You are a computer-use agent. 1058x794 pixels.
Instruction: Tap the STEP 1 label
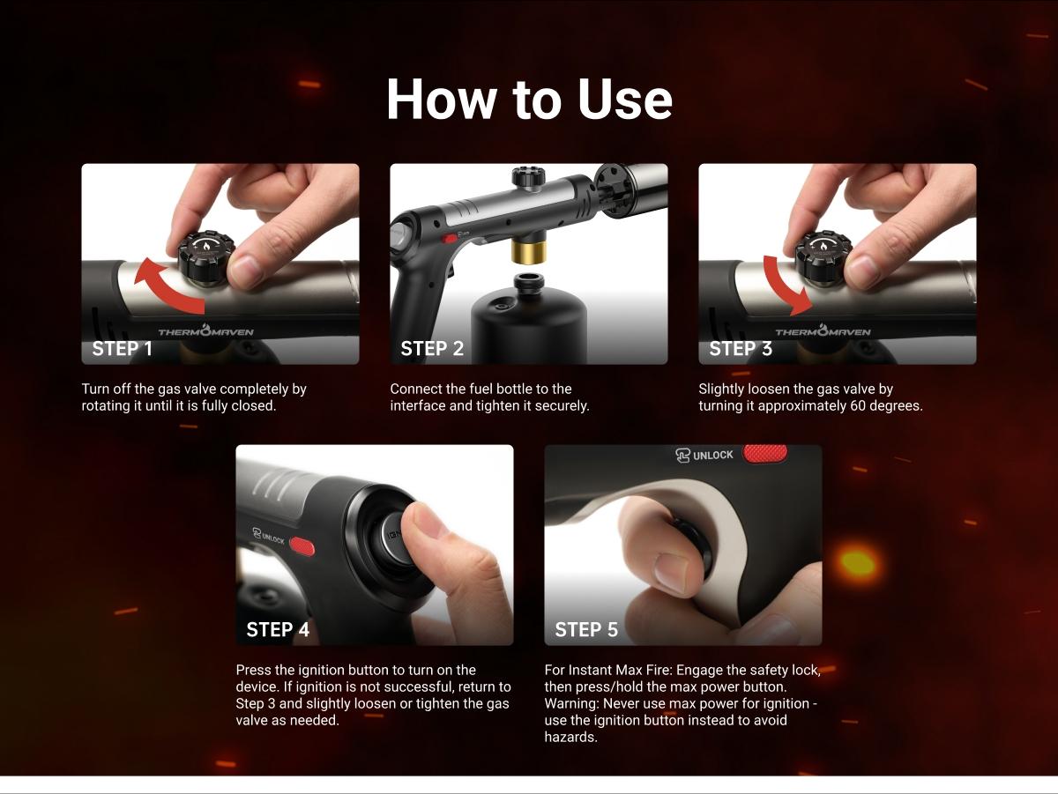[123, 348]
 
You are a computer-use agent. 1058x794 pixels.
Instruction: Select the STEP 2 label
[432, 348]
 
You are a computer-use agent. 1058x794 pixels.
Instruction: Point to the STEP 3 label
[741, 348]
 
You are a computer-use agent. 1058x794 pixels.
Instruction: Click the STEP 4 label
[278, 629]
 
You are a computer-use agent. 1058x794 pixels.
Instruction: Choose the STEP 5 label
[586, 629]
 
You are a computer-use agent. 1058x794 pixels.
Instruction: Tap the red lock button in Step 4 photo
[302, 546]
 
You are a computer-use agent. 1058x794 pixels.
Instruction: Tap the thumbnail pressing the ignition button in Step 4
[429, 531]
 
